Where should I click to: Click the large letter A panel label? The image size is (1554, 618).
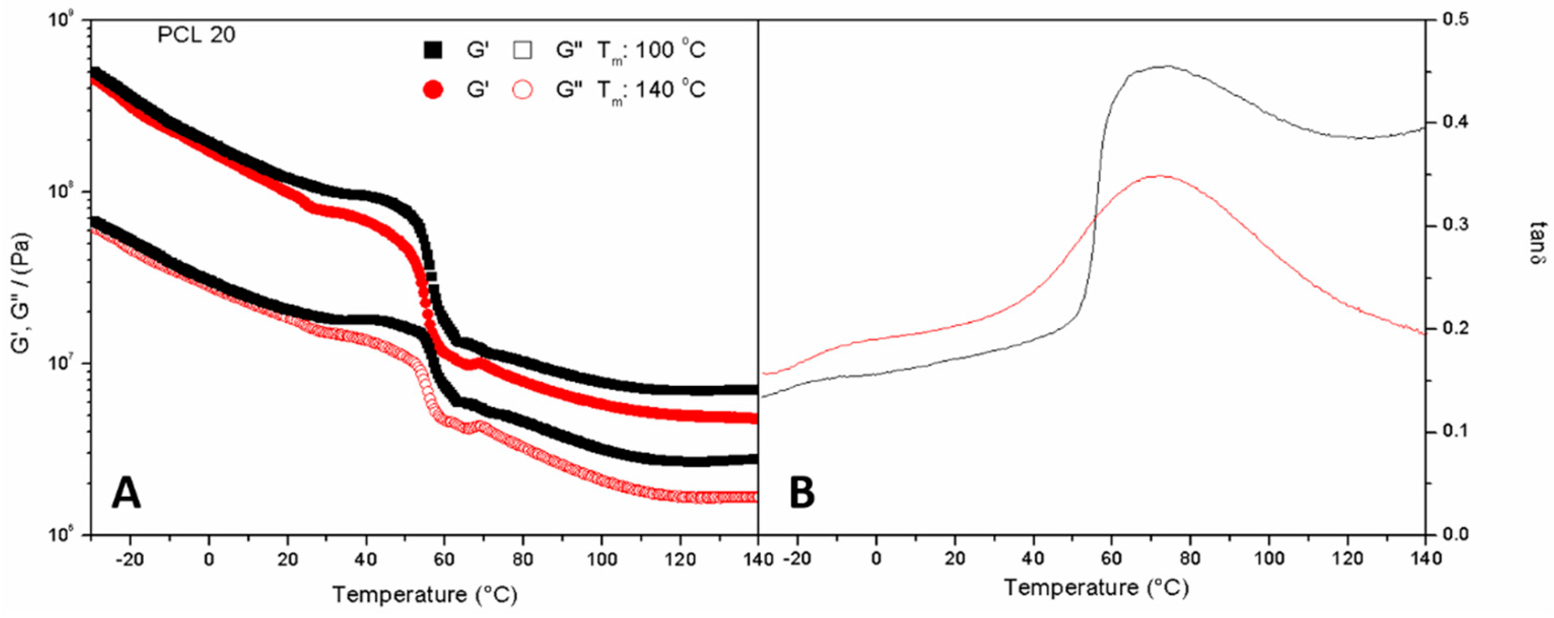pos(127,494)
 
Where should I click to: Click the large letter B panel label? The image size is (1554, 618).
pos(802,494)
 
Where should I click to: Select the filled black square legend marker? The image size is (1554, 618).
pos(433,50)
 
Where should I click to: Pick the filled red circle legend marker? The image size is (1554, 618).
pos(433,90)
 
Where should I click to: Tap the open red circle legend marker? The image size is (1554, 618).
pos(522,90)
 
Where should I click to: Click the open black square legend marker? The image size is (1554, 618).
pos(522,50)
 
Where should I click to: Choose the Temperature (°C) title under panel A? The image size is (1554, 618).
pos(425,595)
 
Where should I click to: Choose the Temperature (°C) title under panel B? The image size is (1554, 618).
pos(1096,587)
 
